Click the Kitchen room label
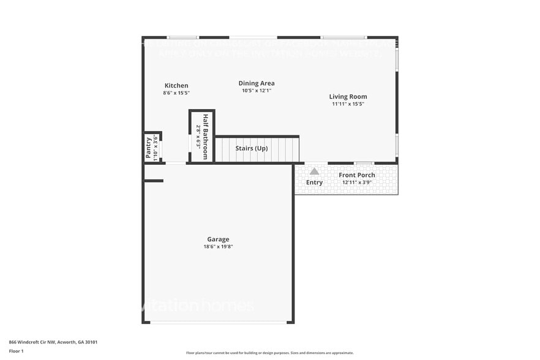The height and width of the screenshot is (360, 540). [176, 86]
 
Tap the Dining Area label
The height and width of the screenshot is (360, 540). [257, 83]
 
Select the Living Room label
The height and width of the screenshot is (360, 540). [348, 97]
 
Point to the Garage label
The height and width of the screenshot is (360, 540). [218, 239]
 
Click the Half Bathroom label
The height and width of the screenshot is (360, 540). [206, 137]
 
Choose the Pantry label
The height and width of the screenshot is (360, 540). [148, 148]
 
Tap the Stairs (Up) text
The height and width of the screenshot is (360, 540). [252, 149]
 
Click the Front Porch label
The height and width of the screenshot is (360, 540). [357, 175]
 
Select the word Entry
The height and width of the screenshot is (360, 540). [314, 182]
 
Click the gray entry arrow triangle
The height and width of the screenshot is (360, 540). [314, 171]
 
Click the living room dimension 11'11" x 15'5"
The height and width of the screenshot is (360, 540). [348, 104]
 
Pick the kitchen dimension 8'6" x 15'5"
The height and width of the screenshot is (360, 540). [176, 93]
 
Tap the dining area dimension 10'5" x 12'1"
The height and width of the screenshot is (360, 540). [257, 91]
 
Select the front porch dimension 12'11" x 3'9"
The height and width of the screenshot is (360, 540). [358, 182]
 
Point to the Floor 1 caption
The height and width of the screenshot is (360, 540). [16, 351]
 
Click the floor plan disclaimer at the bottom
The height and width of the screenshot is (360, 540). [269, 353]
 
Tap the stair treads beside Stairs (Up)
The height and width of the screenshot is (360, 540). [285, 149]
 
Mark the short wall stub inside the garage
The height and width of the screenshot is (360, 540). [154, 181]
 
